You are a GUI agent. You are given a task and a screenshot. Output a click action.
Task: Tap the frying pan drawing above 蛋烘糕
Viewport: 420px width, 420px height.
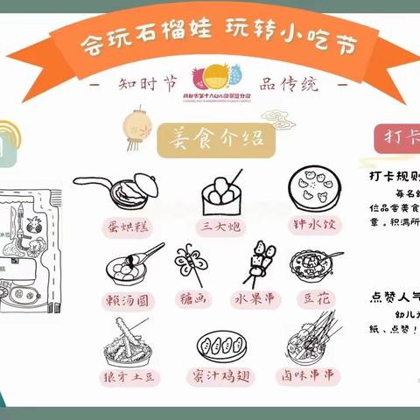[x=118, y=187]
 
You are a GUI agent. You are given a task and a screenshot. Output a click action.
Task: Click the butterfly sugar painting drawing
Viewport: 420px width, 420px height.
[x=194, y=260]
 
